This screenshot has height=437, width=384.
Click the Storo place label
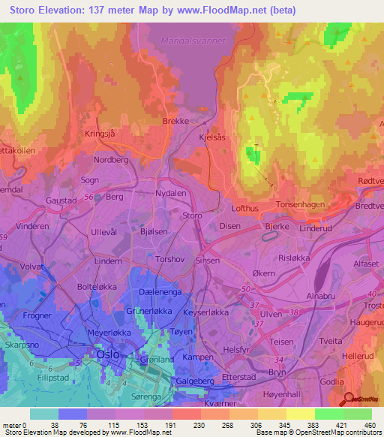click(193, 215)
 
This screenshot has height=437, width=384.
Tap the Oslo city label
click(109, 354)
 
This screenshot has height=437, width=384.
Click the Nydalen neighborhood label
click(173, 194)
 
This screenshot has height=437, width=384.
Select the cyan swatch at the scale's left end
click(43, 414)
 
